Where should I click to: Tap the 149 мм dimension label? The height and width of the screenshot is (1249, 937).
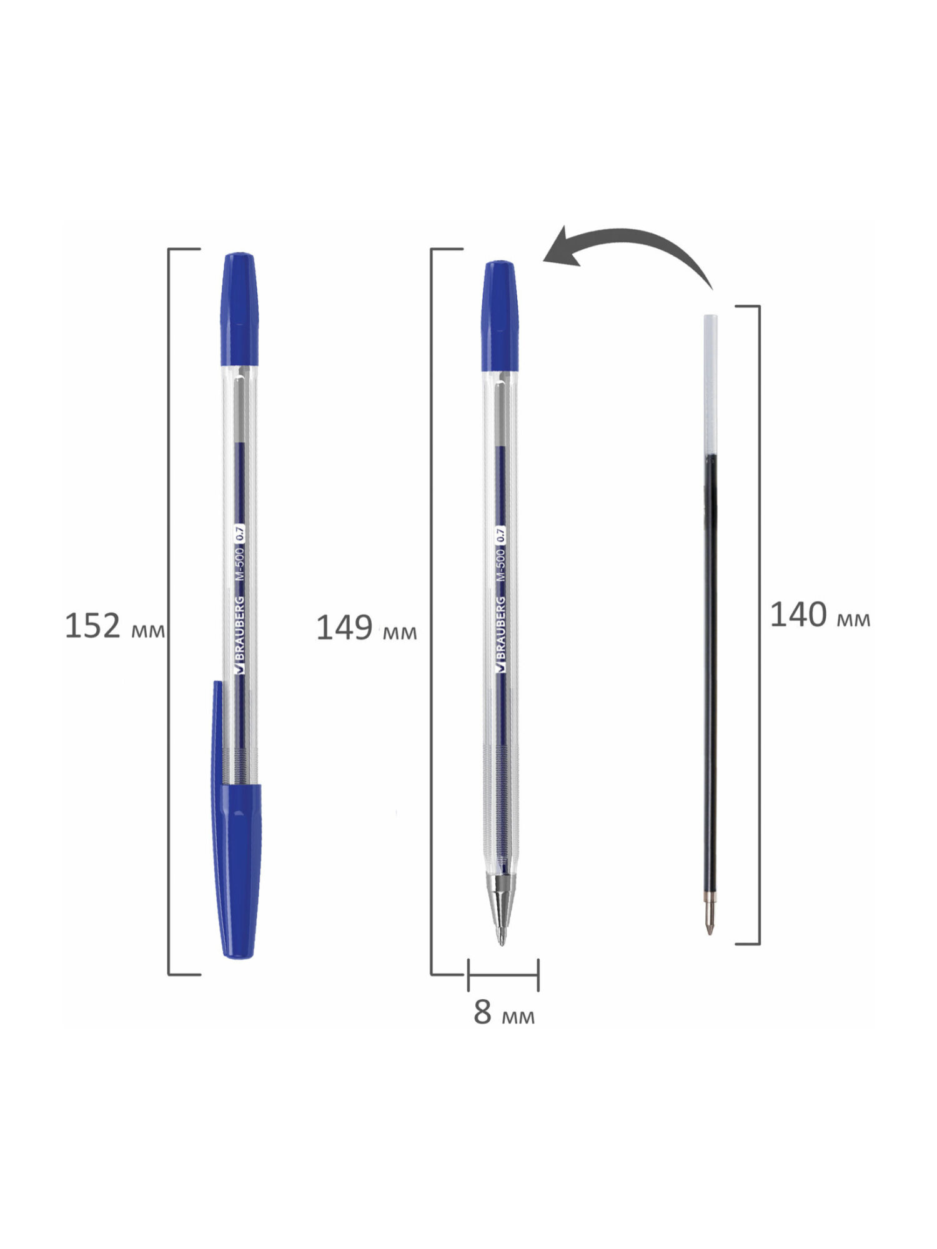[367, 628]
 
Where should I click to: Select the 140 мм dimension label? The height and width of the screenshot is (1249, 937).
[820, 615]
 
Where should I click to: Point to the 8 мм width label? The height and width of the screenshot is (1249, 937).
[504, 1012]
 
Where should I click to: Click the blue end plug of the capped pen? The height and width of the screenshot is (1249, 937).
[239, 309]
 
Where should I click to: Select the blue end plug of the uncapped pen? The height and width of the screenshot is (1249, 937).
[500, 316]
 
